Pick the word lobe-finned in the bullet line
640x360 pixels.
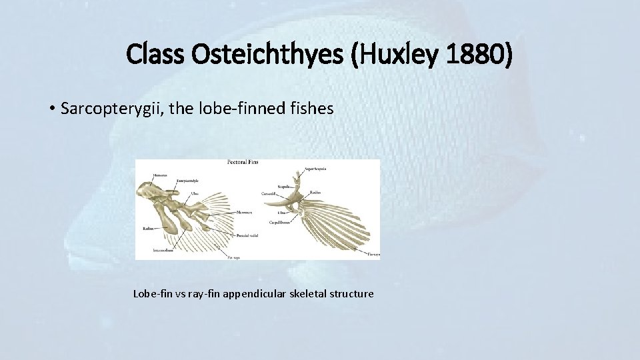click(239, 108)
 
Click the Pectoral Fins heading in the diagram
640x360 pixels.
click(243, 162)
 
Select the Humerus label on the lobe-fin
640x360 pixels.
click(160, 175)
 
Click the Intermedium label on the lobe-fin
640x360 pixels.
click(163, 251)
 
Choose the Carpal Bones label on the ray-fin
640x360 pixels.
click(281, 221)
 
